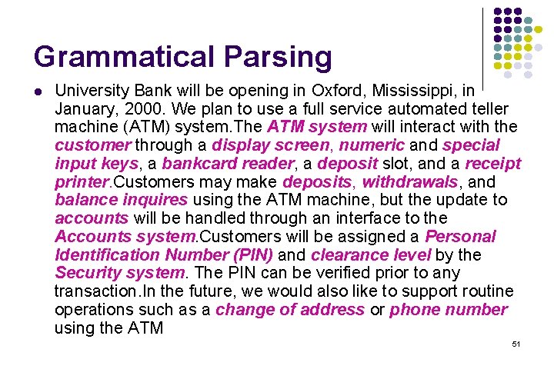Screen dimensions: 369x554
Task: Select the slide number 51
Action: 516,344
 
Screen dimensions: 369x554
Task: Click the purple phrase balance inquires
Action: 121,200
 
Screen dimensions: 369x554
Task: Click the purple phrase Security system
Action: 120,273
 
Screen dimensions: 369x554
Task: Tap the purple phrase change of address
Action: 290,310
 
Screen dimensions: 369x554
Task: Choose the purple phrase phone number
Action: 449,310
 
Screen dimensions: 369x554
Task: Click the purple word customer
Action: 92,145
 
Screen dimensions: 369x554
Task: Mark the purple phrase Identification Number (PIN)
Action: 164,254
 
